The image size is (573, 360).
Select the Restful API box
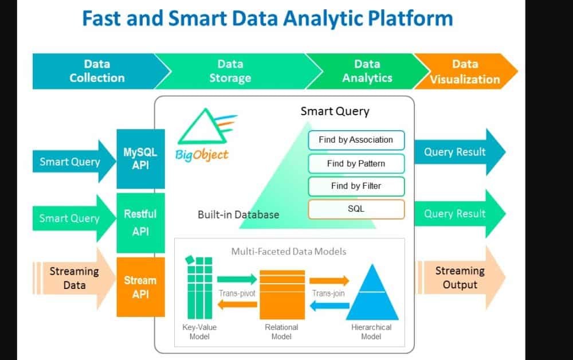pos(140,222)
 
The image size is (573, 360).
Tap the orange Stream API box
pos(140,287)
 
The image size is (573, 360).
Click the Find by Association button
pos(356,140)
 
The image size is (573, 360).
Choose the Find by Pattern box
pos(356,163)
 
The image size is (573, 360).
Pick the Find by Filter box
pos(356,186)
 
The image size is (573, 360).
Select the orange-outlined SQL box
pos(356,209)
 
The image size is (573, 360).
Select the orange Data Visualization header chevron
pos(465,71)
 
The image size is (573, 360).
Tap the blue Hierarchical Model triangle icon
pos(372,292)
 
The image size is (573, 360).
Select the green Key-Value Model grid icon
pos(199,289)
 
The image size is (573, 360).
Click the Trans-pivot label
pos(237,294)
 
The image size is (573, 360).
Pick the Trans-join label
pos(328,294)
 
